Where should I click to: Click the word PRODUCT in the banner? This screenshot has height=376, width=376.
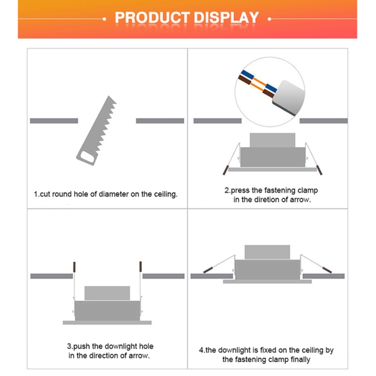[x=152, y=18]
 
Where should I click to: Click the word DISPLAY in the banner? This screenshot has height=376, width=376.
[x=226, y=18]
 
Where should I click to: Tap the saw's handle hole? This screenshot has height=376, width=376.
[x=88, y=156]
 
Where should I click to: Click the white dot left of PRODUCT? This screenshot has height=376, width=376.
[x=104, y=19]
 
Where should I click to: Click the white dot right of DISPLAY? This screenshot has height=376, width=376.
[x=269, y=19]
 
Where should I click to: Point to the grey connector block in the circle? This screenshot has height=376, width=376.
[x=289, y=97]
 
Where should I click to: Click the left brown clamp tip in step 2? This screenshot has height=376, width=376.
[x=226, y=170]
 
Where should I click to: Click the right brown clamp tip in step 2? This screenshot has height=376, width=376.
[x=319, y=170]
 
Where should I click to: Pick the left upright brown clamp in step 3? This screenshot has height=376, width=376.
[x=74, y=267]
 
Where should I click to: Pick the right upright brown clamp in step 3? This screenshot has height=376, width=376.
[x=140, y=267]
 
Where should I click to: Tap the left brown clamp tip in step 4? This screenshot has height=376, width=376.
[x=208, y=270]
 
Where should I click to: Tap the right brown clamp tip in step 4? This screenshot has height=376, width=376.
[x=327, y=270]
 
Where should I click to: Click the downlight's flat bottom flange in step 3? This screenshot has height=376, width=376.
[x=107, y=322]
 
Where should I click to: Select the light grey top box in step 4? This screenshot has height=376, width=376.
[x=267, y=252]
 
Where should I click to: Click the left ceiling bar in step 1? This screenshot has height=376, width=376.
[x=54, y=121]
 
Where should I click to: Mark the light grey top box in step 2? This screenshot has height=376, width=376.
[x=272, y=140]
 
